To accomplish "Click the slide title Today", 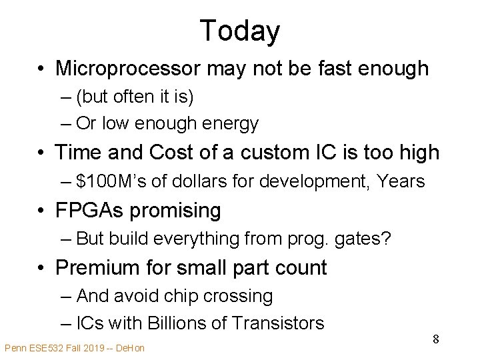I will [x=239, y=31].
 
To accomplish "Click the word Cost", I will [x=177, y=153].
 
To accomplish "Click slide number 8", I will [x=436, y=339].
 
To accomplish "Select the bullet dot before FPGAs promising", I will [x=42, y=211].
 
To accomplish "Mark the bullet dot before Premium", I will [x=42, y=269].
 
